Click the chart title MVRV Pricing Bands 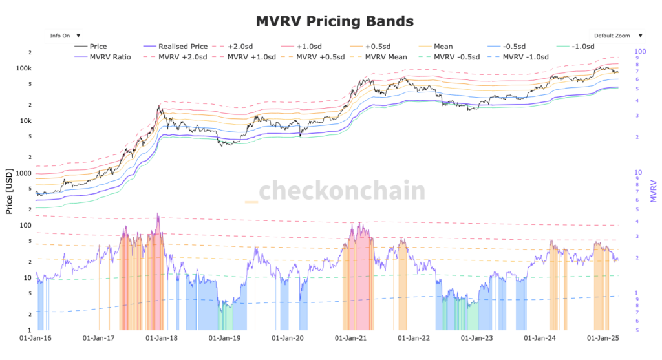point(334,21)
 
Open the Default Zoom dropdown point(617,36)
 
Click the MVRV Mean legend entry point(385,57)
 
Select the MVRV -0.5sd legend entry point(456,57)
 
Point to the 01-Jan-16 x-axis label point(36,337)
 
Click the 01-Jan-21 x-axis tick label point(352,337)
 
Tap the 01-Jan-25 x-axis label point(603,337)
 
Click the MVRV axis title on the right point(653,193)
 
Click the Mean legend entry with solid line point(443,47)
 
